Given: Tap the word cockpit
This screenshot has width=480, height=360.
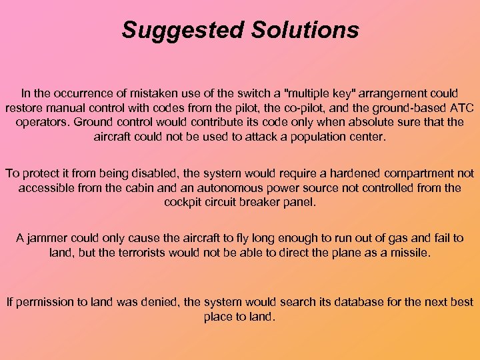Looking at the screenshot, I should (x=183, y=201).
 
